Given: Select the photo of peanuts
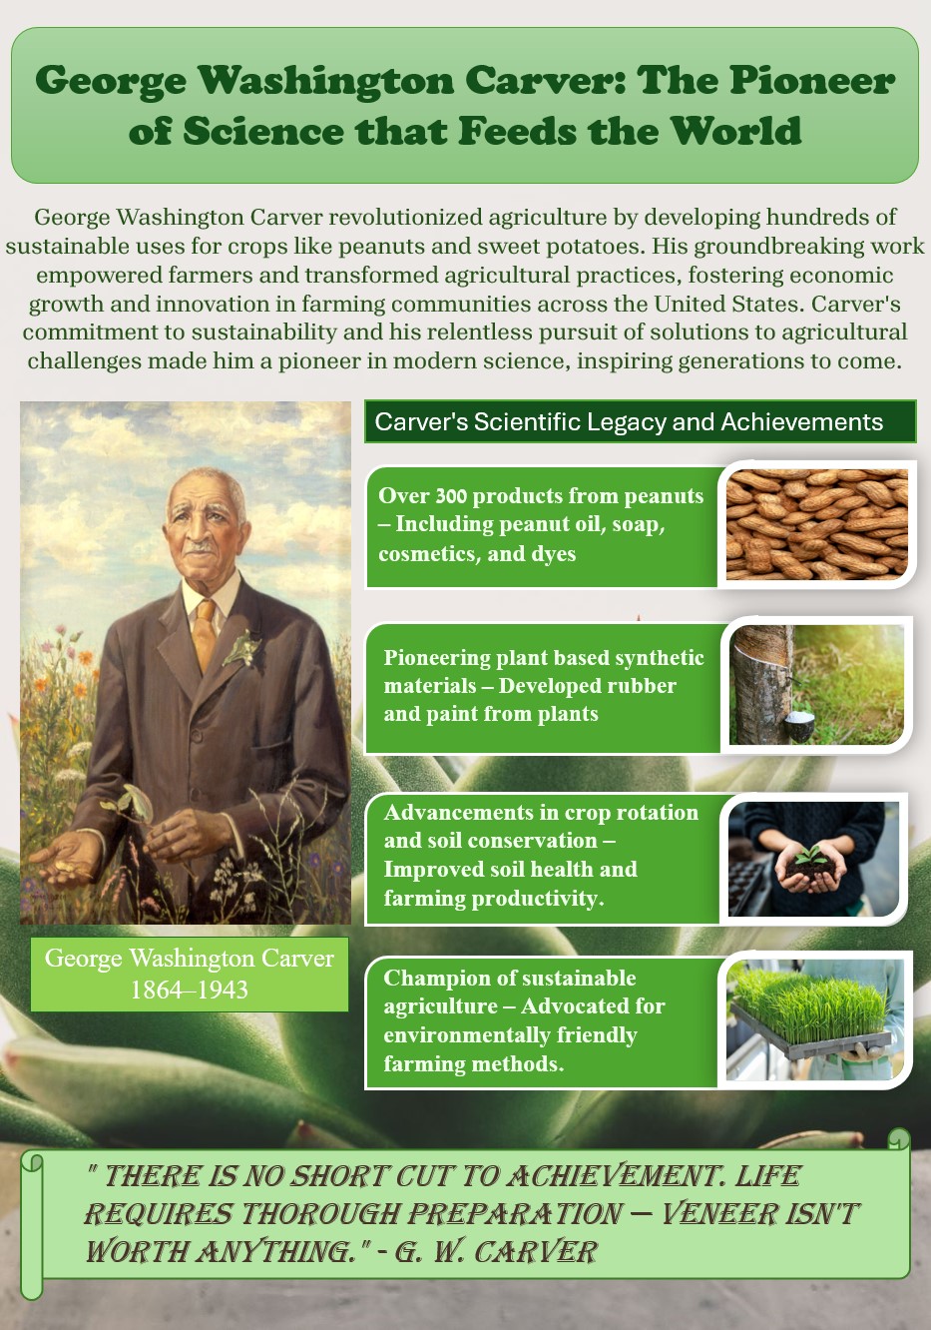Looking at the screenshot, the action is click(817, 524).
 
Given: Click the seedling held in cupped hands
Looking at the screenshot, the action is click(811, 856).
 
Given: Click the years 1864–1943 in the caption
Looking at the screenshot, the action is click(189, 990).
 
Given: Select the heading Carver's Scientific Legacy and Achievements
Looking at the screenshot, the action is click(629, 421).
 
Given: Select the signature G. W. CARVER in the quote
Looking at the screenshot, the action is click(496, 1252).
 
